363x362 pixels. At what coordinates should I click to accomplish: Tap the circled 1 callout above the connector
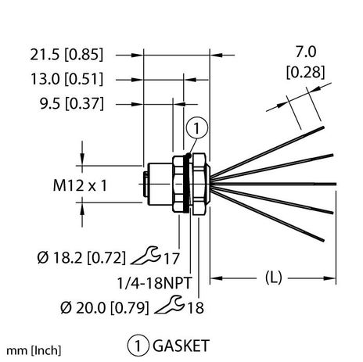198,129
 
